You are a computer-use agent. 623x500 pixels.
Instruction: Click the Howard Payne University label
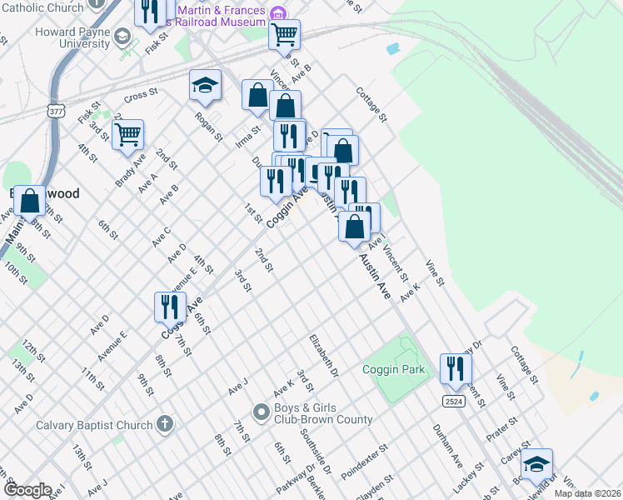click(72, 38)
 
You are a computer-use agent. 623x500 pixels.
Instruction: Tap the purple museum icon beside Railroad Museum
click(278, 13)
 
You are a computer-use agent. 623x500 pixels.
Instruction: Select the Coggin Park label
click(393, 369)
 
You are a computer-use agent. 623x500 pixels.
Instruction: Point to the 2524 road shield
click(453, 401)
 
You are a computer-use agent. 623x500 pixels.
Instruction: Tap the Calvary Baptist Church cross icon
click(166, 425)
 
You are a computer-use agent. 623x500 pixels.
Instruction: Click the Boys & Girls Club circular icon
click(261, 412)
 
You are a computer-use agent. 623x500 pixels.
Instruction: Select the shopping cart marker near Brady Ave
click(128, 133)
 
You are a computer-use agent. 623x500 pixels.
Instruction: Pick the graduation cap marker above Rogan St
click(205, 84)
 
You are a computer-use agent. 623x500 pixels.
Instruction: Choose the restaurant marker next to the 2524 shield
click(456, 367)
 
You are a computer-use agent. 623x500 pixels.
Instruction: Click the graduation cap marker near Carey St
click(536, 463)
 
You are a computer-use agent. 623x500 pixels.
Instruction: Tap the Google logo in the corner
click(27, 490)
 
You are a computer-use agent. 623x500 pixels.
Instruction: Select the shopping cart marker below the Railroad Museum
click(285, 34)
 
